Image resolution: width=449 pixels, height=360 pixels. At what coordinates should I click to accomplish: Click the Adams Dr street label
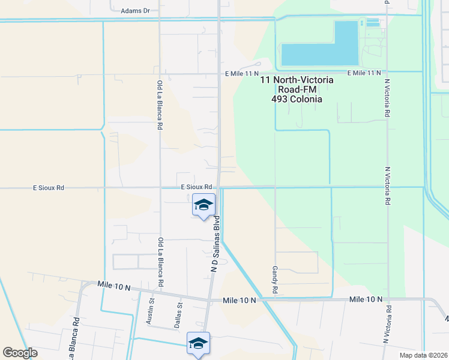135,11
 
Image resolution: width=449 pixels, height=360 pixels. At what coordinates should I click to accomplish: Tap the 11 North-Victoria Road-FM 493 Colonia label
297,89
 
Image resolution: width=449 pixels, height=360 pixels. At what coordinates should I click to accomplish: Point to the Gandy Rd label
275,280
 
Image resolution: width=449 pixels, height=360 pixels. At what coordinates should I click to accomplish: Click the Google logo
20,353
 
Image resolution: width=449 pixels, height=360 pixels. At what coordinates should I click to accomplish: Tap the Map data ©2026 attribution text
423,355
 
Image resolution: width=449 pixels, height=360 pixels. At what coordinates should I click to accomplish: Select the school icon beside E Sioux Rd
203,205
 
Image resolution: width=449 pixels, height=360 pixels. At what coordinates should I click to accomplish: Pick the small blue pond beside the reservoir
373,23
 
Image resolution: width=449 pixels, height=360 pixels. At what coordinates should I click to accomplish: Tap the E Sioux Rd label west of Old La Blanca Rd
48,188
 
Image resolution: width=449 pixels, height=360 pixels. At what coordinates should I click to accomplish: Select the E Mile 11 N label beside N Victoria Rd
363,73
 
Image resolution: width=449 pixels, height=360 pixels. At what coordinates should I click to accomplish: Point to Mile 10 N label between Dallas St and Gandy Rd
239,299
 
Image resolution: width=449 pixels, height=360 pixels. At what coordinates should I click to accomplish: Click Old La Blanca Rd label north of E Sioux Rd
160,106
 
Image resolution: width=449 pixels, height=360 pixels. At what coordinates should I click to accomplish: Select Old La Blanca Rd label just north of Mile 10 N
160,262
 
